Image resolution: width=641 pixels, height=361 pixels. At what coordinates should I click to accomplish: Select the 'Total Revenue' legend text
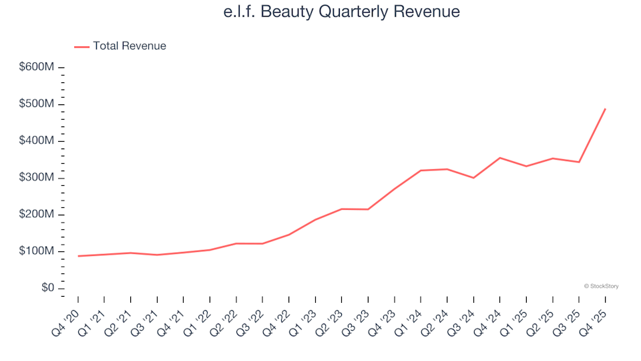(x=130, y=46)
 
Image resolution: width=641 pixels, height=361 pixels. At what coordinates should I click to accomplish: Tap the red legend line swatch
(x=81, y=47)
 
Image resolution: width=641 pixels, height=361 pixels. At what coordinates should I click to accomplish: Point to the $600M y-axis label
(x=37, y=68)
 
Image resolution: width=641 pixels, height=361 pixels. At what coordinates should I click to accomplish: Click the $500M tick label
(x=37, y=104)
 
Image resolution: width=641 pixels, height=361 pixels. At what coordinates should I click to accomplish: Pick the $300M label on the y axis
(x=37, y=178)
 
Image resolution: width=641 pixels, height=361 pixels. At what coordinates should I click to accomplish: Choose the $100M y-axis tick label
(x=37, y=251)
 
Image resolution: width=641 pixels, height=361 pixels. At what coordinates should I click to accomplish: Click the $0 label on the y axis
(x=45, y=288)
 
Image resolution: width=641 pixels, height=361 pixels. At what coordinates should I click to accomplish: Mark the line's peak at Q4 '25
(x=605, y=109)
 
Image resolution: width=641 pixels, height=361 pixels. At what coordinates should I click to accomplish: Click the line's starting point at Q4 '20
(x=78, y=256)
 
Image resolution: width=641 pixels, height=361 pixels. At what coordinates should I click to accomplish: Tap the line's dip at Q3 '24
(x=473, y=178)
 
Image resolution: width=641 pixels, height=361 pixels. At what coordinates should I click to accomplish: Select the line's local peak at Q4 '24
(x=499, y=158)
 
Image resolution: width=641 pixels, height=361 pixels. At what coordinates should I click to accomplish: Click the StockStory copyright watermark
(x=601, y=286)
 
